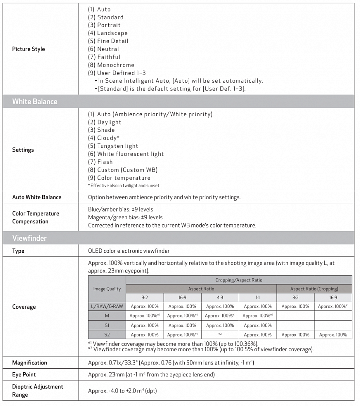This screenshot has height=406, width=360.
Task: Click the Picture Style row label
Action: (28, 49)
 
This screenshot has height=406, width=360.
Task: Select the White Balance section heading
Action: (35, 102)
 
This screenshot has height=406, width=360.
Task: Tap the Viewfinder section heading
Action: (29, 238)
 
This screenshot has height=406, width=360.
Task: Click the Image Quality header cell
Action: (107, 289)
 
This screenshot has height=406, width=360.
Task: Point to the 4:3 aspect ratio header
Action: (220, 297)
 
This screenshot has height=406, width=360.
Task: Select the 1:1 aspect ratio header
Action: (257, 297)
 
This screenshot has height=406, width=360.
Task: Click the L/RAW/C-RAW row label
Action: (107, 306)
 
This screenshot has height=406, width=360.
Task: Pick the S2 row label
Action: (107, 335)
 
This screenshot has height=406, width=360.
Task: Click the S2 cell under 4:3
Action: (220, 335)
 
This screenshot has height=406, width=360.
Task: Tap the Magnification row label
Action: (30, 363)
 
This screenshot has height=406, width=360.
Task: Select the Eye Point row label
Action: (24, 375)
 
